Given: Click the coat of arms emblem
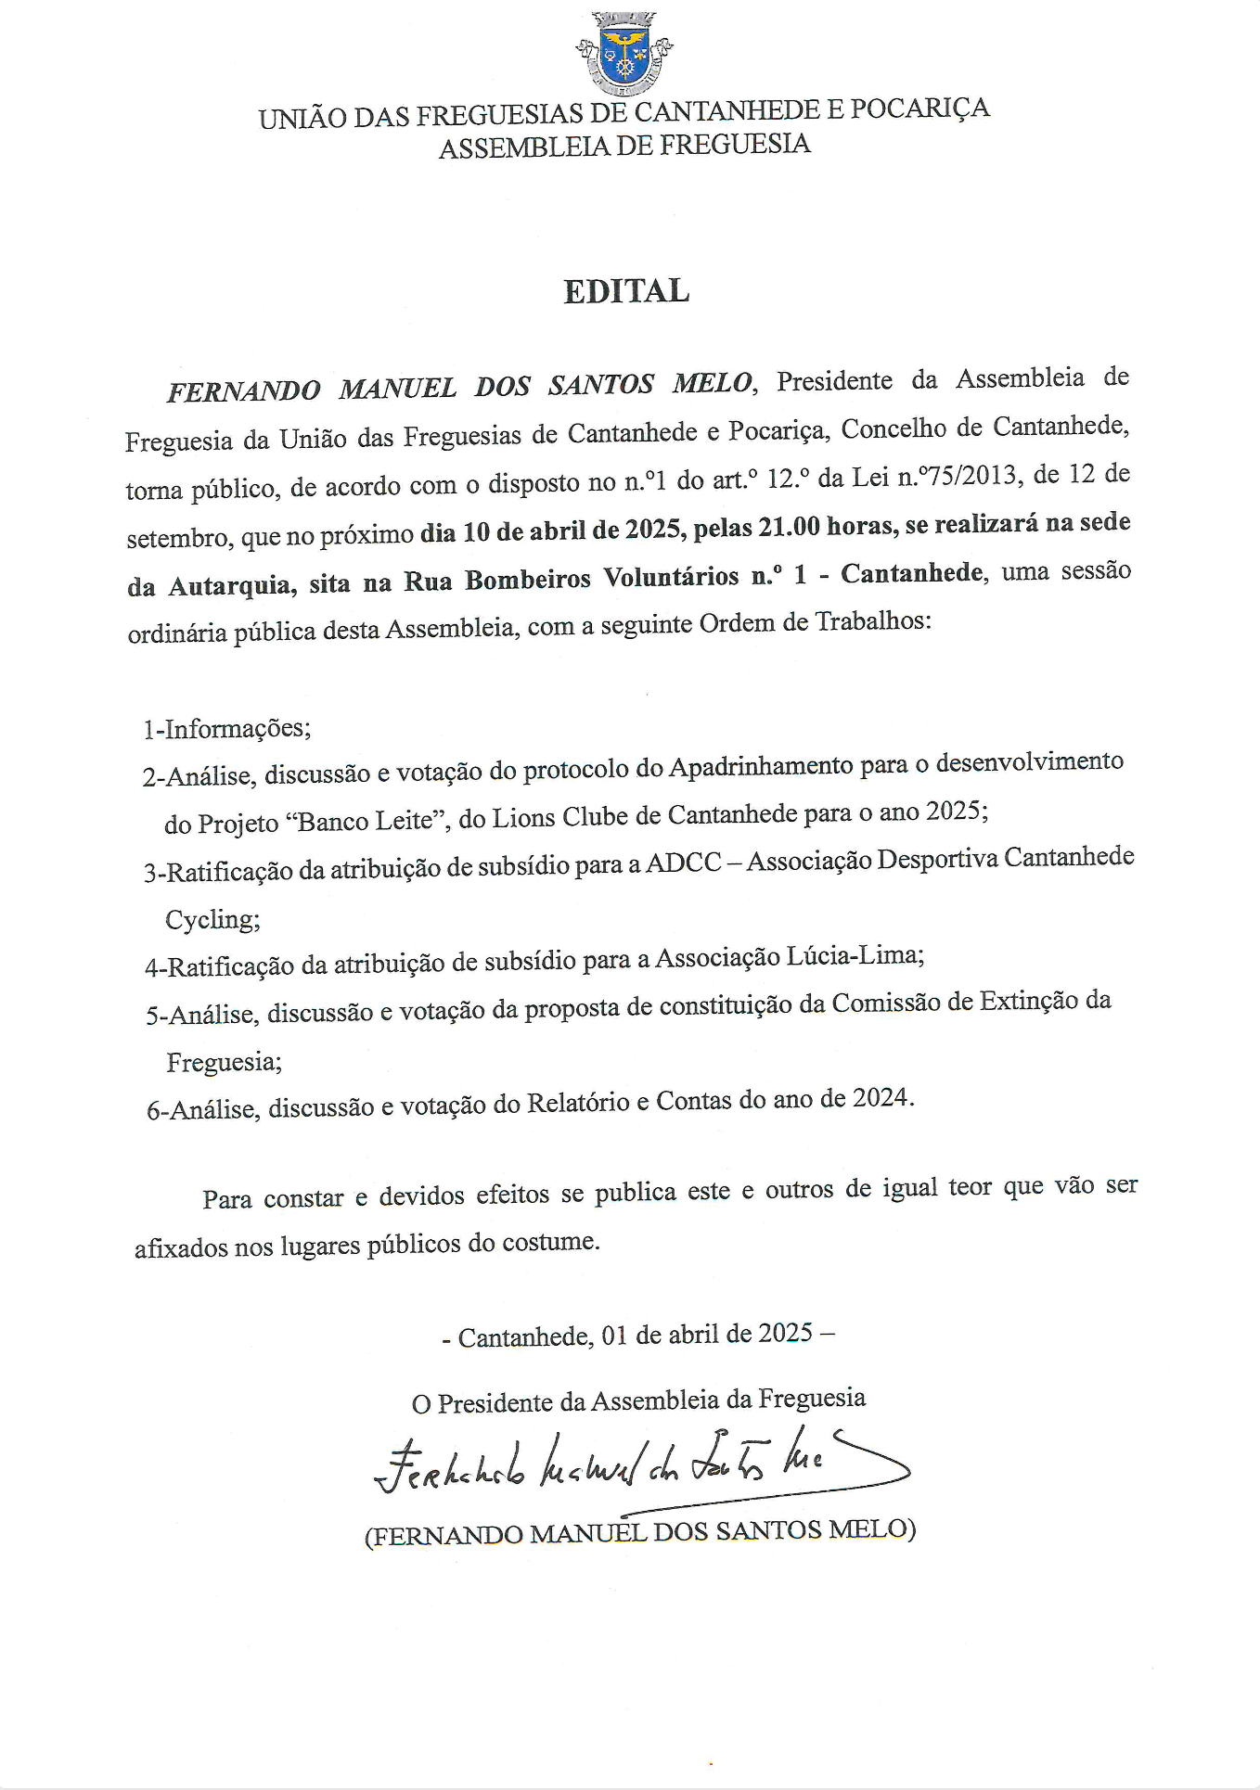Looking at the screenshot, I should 624,54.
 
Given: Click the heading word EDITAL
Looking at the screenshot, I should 626,291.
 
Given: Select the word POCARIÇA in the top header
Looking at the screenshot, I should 919,109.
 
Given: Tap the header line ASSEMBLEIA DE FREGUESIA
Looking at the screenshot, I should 624,146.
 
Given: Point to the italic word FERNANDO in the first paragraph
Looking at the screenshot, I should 243,390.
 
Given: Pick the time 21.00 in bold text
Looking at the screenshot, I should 789,527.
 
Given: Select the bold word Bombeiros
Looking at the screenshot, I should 527,580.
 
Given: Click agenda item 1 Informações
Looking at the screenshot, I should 226,728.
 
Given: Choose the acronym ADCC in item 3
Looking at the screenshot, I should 683,863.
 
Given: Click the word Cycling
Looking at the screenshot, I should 212,920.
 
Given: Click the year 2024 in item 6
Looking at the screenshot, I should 881,1098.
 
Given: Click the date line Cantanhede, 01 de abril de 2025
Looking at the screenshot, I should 636,1335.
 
